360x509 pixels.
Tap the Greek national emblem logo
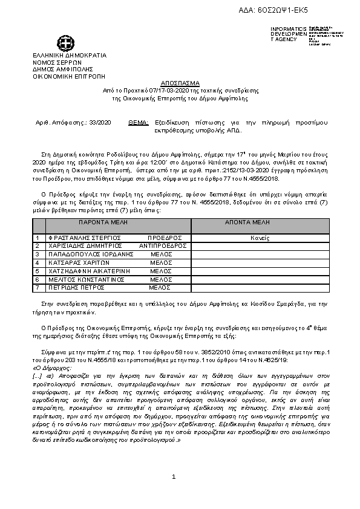click(65, 44)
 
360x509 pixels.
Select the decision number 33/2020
click(100, 122)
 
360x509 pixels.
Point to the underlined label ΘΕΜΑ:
click(139, 122)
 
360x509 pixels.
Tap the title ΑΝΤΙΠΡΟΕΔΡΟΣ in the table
click(163, 247)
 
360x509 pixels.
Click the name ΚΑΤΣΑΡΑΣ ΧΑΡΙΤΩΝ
click(73, 264)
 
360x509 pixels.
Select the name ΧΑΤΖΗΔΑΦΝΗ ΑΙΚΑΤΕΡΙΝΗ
click(85, 272)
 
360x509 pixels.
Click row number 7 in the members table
click(38, 288)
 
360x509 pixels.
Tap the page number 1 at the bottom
click(174, 477)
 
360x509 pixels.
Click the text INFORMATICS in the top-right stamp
click(290, 29)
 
